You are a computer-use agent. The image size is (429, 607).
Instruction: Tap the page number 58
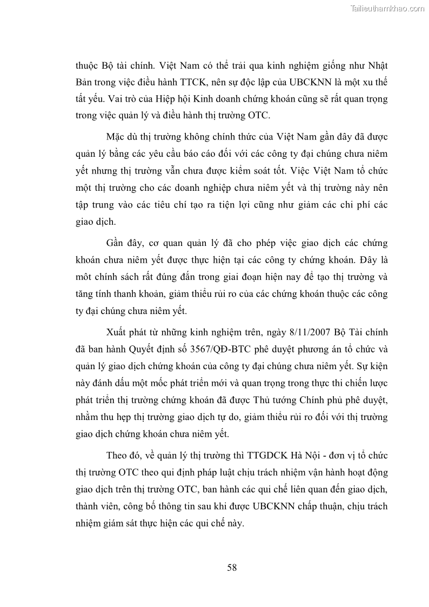pyautogui.click(x=232, y=567)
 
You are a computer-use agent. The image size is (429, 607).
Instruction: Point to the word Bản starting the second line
pyautogui.click(x=85, y=82)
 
